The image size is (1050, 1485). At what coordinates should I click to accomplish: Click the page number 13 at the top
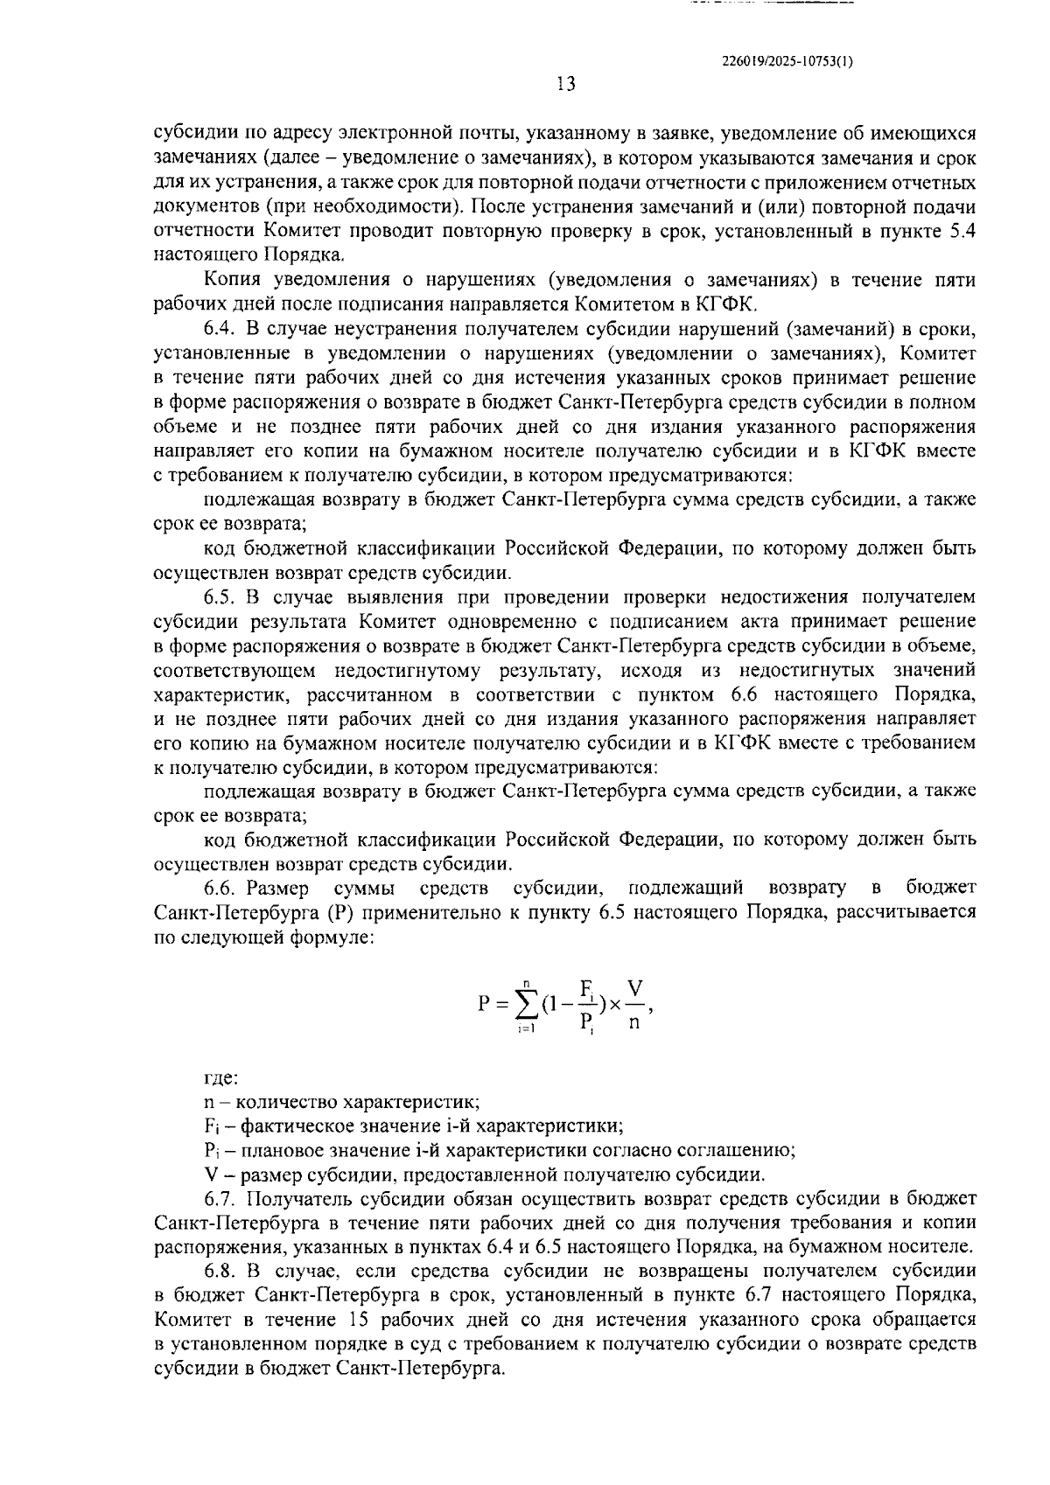565,84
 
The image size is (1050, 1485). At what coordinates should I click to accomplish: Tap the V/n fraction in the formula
634,1004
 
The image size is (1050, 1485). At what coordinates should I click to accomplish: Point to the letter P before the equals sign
486,1003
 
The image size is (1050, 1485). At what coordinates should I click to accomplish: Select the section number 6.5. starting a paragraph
220,597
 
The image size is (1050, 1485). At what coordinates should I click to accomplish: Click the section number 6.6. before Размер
220,889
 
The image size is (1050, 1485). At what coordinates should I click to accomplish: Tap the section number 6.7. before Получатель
220,1198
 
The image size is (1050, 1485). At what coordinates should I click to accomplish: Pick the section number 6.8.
220,1271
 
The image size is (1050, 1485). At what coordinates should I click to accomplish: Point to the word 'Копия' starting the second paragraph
228,280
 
